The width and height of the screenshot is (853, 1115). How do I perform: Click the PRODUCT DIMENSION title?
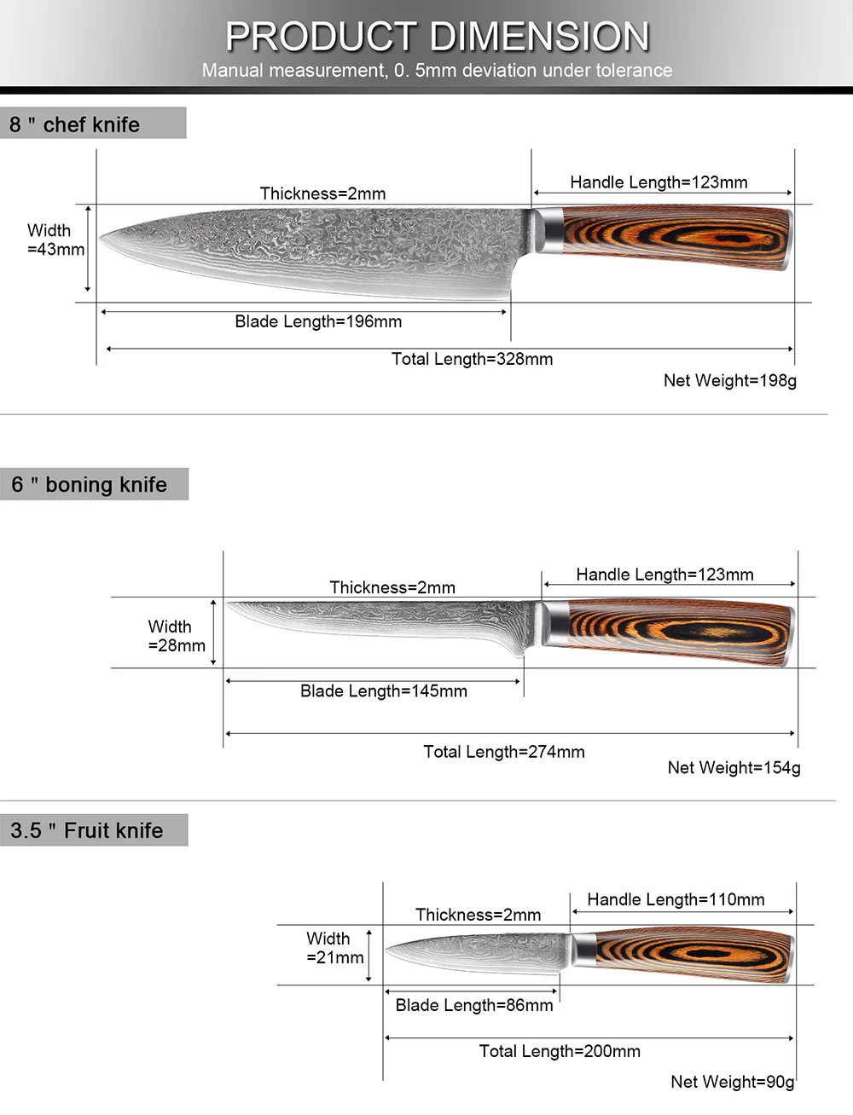click(437, 37)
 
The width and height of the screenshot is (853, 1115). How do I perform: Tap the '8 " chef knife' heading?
click(74, 124)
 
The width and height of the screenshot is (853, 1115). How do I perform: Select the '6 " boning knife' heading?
click(89, 484)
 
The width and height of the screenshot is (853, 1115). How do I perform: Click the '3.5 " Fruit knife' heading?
click(86, 830)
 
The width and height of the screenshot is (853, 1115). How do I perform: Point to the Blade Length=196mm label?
click(318, 321)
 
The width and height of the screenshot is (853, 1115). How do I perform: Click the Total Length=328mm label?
click(472, 359)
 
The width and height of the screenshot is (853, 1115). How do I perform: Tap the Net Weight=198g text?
click(729, 380)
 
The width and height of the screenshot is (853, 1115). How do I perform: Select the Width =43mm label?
click(55, 240)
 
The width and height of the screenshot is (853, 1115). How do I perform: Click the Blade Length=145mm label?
click(383, 691)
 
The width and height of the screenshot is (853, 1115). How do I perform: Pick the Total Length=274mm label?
click(503, 752)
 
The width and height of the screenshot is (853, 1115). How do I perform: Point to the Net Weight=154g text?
click(734, 767)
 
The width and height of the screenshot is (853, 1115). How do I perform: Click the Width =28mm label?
click(176, 636)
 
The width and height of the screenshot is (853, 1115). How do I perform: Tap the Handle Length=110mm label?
click(676, 899)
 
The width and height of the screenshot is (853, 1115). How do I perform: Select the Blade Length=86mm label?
click(473, 1005)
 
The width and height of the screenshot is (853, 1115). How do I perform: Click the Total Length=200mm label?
click(560, 1051)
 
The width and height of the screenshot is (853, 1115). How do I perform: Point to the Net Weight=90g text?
click(732, 1081)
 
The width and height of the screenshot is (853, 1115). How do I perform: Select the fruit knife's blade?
click(478, 952)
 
